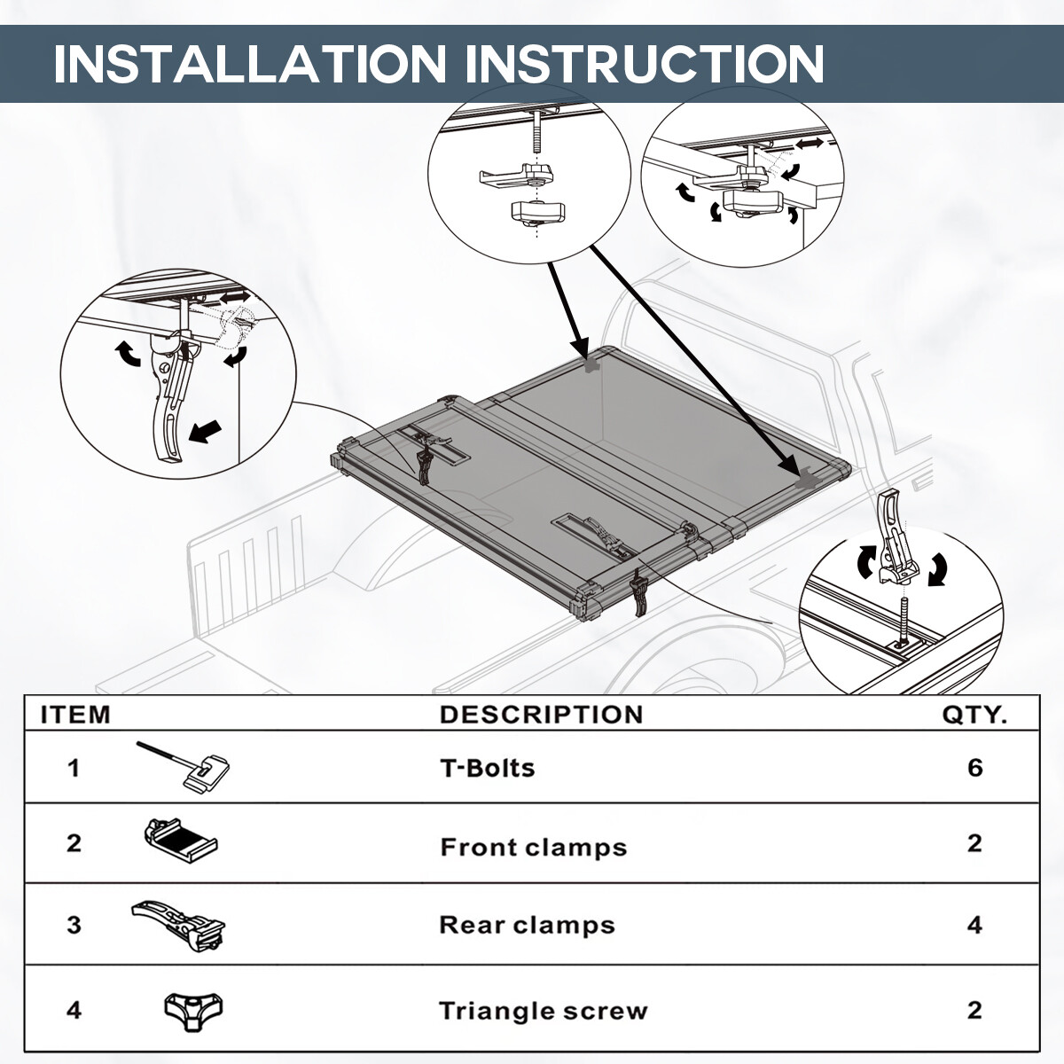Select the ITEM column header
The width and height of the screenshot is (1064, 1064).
click(x=76, y=715)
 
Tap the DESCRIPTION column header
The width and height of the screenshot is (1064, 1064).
click(x=541, y=715)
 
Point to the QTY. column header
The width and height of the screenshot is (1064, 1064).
click(x=974, y=715)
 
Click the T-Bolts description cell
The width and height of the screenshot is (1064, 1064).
click(x=488, y=768)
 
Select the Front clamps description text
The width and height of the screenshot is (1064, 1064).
click(x=533, y=848)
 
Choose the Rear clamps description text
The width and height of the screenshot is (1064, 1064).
click(x=527, y=926)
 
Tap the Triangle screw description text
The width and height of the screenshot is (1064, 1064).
click(x=543, y=1011)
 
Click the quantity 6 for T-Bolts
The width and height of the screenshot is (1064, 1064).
click(x=975, y=768)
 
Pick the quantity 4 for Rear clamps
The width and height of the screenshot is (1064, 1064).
click(x=975, y=926)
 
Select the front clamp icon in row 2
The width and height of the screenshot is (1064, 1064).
click(x=180, y=840)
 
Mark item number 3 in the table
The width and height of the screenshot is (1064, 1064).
click(x=74, y=926)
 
